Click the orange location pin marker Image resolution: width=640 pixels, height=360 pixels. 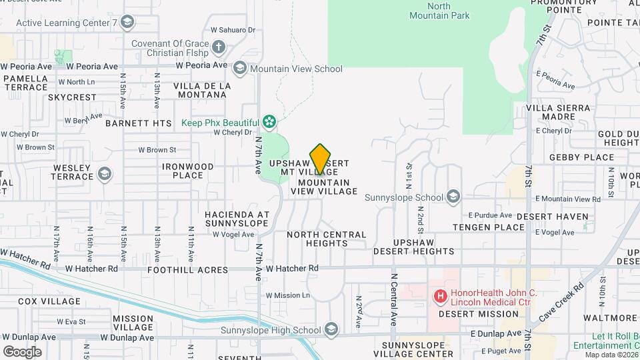(321, 159)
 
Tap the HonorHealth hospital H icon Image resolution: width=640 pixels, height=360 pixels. (440, 295)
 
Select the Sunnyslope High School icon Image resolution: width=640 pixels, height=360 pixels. (331, 329)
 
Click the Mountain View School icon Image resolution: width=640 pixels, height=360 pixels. (239, 68)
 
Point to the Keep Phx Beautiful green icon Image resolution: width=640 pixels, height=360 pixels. (269, 122)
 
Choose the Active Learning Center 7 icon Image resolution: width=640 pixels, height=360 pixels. (127, 23)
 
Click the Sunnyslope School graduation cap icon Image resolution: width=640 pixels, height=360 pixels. (453, 197)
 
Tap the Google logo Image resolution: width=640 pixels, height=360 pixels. (22, 351)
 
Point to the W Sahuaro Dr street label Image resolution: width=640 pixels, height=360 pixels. (233, 30)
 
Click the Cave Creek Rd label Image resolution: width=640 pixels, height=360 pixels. (561, 301)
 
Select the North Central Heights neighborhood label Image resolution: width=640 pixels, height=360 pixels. (327, 239)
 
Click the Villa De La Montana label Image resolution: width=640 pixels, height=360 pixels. (202, 91)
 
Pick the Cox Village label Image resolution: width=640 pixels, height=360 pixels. (49, 301)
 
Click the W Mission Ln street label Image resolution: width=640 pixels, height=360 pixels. (288, 295)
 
